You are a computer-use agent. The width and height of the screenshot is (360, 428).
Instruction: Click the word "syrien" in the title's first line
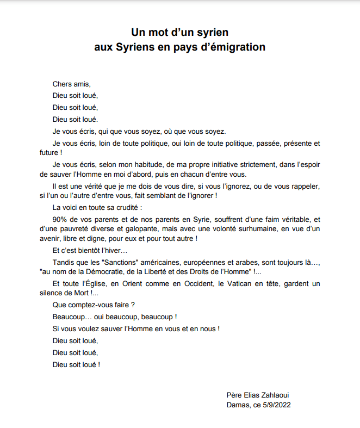(x=209, y=32)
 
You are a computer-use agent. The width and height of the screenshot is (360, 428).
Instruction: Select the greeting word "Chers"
(x=63, y=84)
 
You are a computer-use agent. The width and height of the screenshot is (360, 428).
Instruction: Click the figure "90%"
(x=60, y=219)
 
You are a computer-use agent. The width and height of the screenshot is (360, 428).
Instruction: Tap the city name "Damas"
(x=238, y=405)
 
